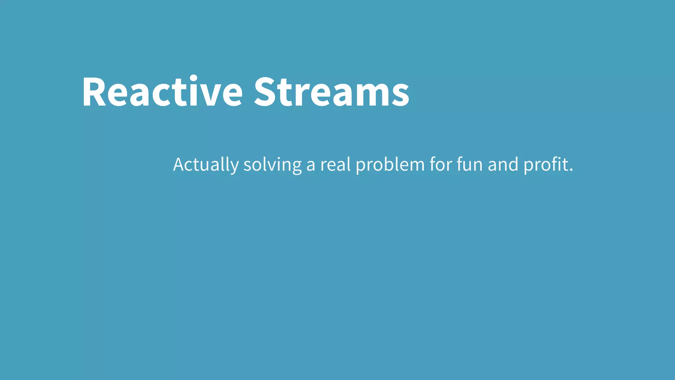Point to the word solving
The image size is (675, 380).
coord(273,165)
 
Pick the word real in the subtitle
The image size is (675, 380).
coord(336,165)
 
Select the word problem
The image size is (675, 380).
coord(390,165)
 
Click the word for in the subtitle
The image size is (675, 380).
coord(441,165)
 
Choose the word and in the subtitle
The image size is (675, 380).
coord(503,165)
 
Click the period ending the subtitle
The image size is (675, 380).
coord(571,170)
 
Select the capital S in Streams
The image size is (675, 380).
coord(266,92)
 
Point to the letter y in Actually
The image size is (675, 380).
coord(234,167)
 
